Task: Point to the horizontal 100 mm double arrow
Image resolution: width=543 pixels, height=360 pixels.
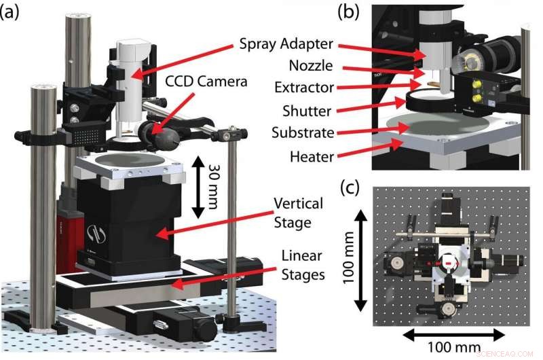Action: (453, 333)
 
